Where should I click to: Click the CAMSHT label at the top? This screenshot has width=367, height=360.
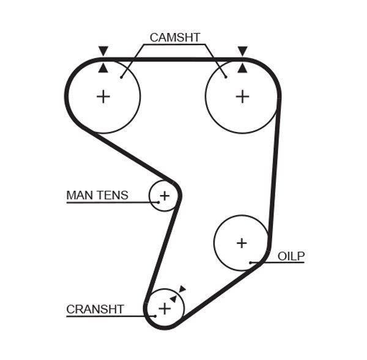tap(175, 37)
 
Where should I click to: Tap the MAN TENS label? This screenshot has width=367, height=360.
tap(97, 196)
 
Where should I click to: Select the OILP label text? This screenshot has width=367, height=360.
tap(291, 256)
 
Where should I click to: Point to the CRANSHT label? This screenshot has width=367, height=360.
tap(95, 309)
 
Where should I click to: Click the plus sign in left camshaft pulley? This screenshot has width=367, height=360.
tap(103, 96)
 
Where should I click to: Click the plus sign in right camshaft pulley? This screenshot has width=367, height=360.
tap(243, 96)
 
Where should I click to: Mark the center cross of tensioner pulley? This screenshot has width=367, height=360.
tap(164, 196)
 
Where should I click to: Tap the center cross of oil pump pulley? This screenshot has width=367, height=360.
tap(242, 243)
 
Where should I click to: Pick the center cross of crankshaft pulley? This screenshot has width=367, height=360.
tap(165, 309)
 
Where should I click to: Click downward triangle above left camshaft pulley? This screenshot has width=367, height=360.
tap(103, 51)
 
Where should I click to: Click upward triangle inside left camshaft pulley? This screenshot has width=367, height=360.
tap(103, 68)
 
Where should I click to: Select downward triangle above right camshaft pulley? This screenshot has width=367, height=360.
tap(243, 51)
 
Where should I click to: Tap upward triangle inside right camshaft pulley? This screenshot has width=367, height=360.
tap(243, 68)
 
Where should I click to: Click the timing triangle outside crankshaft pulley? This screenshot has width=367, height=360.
tap(182, 289)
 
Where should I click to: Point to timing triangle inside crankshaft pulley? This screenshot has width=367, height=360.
tap(174, 299)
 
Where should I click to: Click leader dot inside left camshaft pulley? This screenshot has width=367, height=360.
tap(122, 77)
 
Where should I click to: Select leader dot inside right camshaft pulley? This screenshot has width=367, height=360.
tap(226, 77)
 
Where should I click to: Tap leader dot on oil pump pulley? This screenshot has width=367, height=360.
tap(251, 263)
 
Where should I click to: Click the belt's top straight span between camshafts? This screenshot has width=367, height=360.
tap(173, 60)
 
